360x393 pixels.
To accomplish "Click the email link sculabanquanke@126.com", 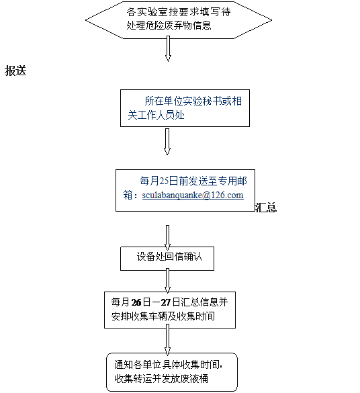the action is [x=193, y=195].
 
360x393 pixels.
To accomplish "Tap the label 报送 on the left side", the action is [x=15, y=71].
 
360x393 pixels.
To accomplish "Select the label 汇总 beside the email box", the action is [x=266, y=208].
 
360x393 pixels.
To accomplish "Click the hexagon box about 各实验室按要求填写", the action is [x=179, y=20].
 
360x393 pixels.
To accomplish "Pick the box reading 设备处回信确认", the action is [x=167, y=259].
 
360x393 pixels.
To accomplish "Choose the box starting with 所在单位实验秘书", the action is [x=185, y=108].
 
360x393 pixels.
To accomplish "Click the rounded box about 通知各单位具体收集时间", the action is [x=172, y=372].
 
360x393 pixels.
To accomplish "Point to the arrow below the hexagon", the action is [x=168, y=48].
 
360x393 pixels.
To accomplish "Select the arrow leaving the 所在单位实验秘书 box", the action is [x=167, y=142].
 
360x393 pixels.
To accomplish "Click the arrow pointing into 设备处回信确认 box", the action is [x=167, y=237].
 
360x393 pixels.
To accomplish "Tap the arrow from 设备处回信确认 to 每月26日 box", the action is [x=167, y=280].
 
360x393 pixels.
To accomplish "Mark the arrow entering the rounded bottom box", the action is [x=167, y=340].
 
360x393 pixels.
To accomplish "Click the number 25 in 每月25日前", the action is [x=164, y=181].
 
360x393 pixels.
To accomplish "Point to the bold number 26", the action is [x=136, y=302].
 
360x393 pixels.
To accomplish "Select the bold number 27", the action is [x=166, y=302].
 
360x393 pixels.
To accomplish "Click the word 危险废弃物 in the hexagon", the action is [x=169, y=26].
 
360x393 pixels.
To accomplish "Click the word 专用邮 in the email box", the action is [x=232, y=181].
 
